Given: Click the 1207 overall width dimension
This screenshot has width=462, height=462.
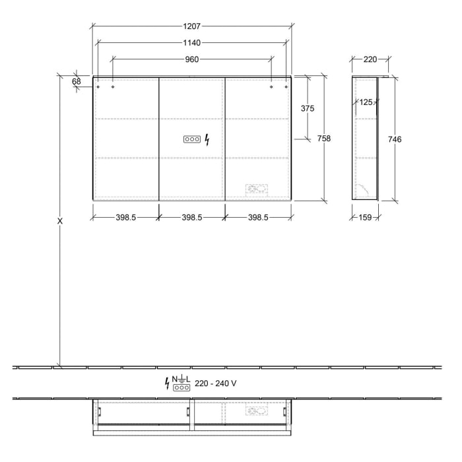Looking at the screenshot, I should pos(192,26).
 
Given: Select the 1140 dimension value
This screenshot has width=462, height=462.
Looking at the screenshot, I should pos(192,42).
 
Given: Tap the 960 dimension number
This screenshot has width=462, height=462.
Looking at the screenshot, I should pos(192,59).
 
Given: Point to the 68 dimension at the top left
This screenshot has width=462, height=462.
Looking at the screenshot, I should pos(77,81).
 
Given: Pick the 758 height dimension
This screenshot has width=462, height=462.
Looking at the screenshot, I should pos(323,138).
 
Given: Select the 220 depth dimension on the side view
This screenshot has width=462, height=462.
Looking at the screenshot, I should pos(370,59).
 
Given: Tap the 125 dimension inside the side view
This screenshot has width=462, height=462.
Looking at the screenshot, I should pos(367,102).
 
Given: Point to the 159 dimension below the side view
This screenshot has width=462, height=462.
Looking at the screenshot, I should pos(365,217).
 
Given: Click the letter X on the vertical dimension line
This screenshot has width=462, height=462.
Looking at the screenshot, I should pos(60,221).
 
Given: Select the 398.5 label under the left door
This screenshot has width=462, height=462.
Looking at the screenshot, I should pos(125,217).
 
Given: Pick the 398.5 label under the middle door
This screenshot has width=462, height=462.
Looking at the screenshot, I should pos(191,217).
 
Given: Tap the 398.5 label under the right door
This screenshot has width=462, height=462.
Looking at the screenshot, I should pos(257,217).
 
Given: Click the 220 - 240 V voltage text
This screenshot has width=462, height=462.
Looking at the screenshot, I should pos(215,383).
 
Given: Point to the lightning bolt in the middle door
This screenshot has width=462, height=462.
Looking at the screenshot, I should pos(207,139).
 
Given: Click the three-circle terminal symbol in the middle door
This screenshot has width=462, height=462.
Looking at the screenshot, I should pos(191,139).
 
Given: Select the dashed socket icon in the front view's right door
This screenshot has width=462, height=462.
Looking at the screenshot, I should pos(257,190).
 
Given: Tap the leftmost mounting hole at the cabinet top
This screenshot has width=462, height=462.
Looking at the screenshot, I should pos(98,86).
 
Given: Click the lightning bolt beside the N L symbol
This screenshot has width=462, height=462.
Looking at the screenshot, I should pos(167,383).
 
